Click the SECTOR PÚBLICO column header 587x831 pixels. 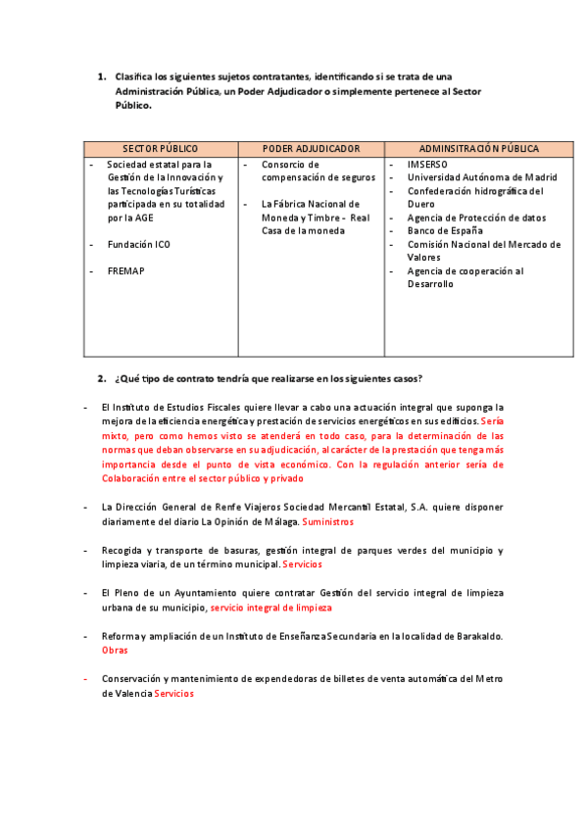click(161, 149)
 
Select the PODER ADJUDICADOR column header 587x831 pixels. click(313, 149)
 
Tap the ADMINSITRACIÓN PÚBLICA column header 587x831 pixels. click(479, 149)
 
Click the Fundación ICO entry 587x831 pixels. click(138, 244)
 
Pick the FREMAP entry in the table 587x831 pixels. click(125, 270)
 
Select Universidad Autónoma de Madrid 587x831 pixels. click(481, 177)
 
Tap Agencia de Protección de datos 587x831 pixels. click(476, 218)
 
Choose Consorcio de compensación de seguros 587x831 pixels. click(318, 171)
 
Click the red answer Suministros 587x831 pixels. click(328, 522)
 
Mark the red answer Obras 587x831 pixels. click(115, 650)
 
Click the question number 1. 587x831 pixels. click(101, 76)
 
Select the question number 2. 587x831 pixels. click(101, 378)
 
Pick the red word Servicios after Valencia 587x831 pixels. click(174, 693)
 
